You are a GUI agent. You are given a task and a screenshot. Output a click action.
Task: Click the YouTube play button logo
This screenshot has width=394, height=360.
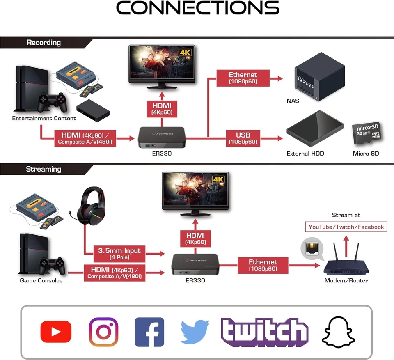tap(56, 332)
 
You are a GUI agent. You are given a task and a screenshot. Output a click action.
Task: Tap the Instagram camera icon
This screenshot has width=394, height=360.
tap(103, 332)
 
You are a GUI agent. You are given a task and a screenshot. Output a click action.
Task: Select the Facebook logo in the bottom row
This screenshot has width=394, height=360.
tap(149, 332)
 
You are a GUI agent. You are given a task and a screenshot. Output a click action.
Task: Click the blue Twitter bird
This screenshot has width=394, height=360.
tap(195, 332)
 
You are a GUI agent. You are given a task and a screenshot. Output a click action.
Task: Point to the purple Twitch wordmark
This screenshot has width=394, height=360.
tap(264, 332)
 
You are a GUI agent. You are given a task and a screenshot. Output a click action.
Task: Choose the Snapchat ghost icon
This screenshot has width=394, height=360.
tap(339, 332)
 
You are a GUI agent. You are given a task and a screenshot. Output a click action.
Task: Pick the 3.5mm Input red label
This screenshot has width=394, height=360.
tap(119, 254)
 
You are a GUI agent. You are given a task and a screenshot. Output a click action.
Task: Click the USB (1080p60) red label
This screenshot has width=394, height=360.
tap(243, 138)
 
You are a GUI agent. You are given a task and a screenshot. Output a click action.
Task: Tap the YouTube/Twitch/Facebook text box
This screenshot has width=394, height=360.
tap(346, 227)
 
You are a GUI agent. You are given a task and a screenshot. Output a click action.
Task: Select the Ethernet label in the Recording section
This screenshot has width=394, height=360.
tap(243, 78)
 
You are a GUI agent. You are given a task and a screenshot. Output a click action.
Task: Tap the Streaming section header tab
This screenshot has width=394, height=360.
tap(44, 169)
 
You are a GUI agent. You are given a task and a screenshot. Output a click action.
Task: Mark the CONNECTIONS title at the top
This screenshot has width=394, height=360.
tap(197, 8)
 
